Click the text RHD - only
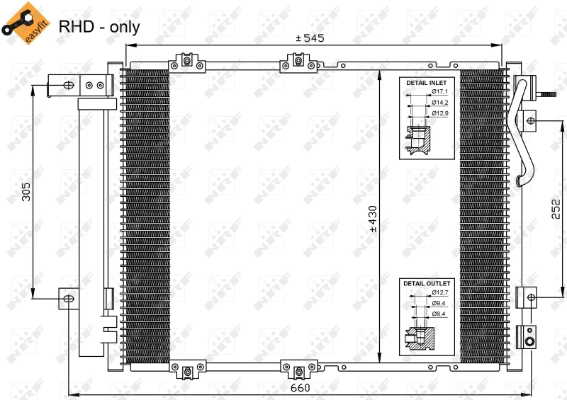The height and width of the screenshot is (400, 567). coord(99,27)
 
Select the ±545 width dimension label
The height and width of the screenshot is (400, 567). coord(309,38)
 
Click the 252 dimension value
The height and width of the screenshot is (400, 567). coord(556,210)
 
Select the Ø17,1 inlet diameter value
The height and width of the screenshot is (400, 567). coord(440,92)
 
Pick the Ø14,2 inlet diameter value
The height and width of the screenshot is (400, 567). coord(440,102)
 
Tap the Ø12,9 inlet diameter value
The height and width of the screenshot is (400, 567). coord(440,113)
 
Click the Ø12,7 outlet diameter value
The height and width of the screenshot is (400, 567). coord(440,292)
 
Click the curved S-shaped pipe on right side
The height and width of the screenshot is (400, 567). coord(523,135)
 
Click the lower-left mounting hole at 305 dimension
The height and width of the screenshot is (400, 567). coord(68,299)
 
